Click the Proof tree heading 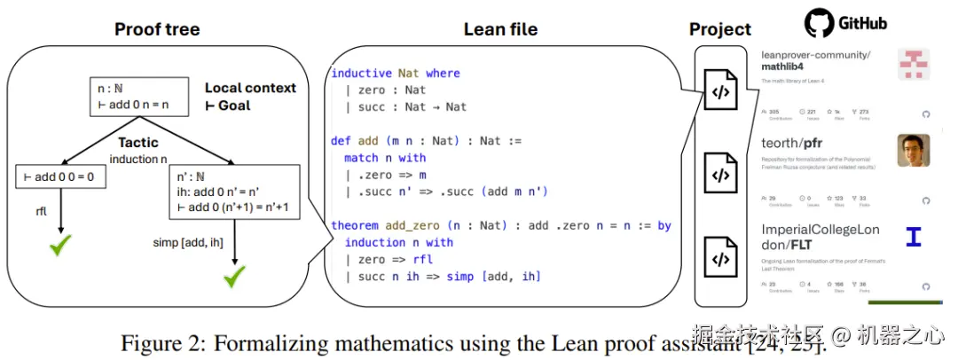[x=157, y=29]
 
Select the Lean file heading [x=500, y=29]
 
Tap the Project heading [x=720, y=30]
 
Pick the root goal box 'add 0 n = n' [x=140, y=96]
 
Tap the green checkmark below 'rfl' [x=60, y=247]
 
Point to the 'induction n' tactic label [x=137, y=159]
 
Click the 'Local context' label [x=250, y=88]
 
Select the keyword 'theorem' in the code [x=354, y=225]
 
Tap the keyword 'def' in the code [x=341, y=141]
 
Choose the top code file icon [x=719, y=91]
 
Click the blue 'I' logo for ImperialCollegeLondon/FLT [x=912, y=237]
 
